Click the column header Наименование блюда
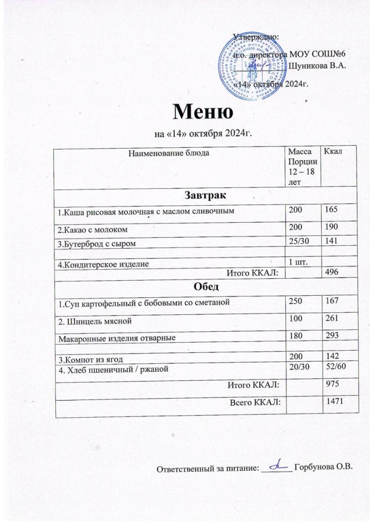coord(167,152)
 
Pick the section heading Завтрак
coord(204,194)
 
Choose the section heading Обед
coord(204,287)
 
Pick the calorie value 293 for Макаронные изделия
coord(333,335)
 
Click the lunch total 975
coord(333,385)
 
